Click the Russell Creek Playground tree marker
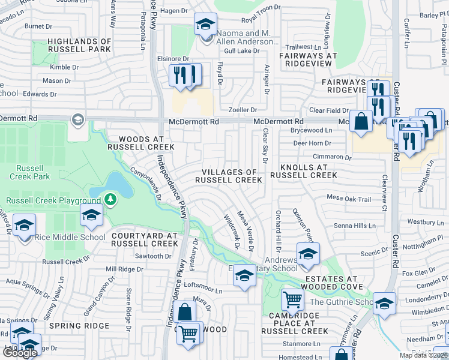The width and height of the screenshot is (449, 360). (x=110, y=199)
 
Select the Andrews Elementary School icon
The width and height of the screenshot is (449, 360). (x=308, y=254)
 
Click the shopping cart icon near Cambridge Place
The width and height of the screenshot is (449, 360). (x=292, y=299)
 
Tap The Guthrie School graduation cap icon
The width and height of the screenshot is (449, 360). (x=384, y=304)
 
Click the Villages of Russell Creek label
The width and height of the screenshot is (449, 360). (x=229, y=176)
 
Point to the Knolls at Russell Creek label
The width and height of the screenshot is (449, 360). (x=303, y=171)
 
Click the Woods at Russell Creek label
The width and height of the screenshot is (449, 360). (x=141, y=142)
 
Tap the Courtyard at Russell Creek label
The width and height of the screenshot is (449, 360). (x=145, y=240)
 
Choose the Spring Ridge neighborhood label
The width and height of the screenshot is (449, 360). (x=80, y=326)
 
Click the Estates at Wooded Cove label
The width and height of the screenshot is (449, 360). (x=331, y=283)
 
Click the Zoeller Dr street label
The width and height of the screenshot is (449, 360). (x=243, y=110)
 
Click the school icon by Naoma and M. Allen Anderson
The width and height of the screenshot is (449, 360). (x=205, y=25)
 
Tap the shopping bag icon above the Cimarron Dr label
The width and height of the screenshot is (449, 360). (x=362, y=122)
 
